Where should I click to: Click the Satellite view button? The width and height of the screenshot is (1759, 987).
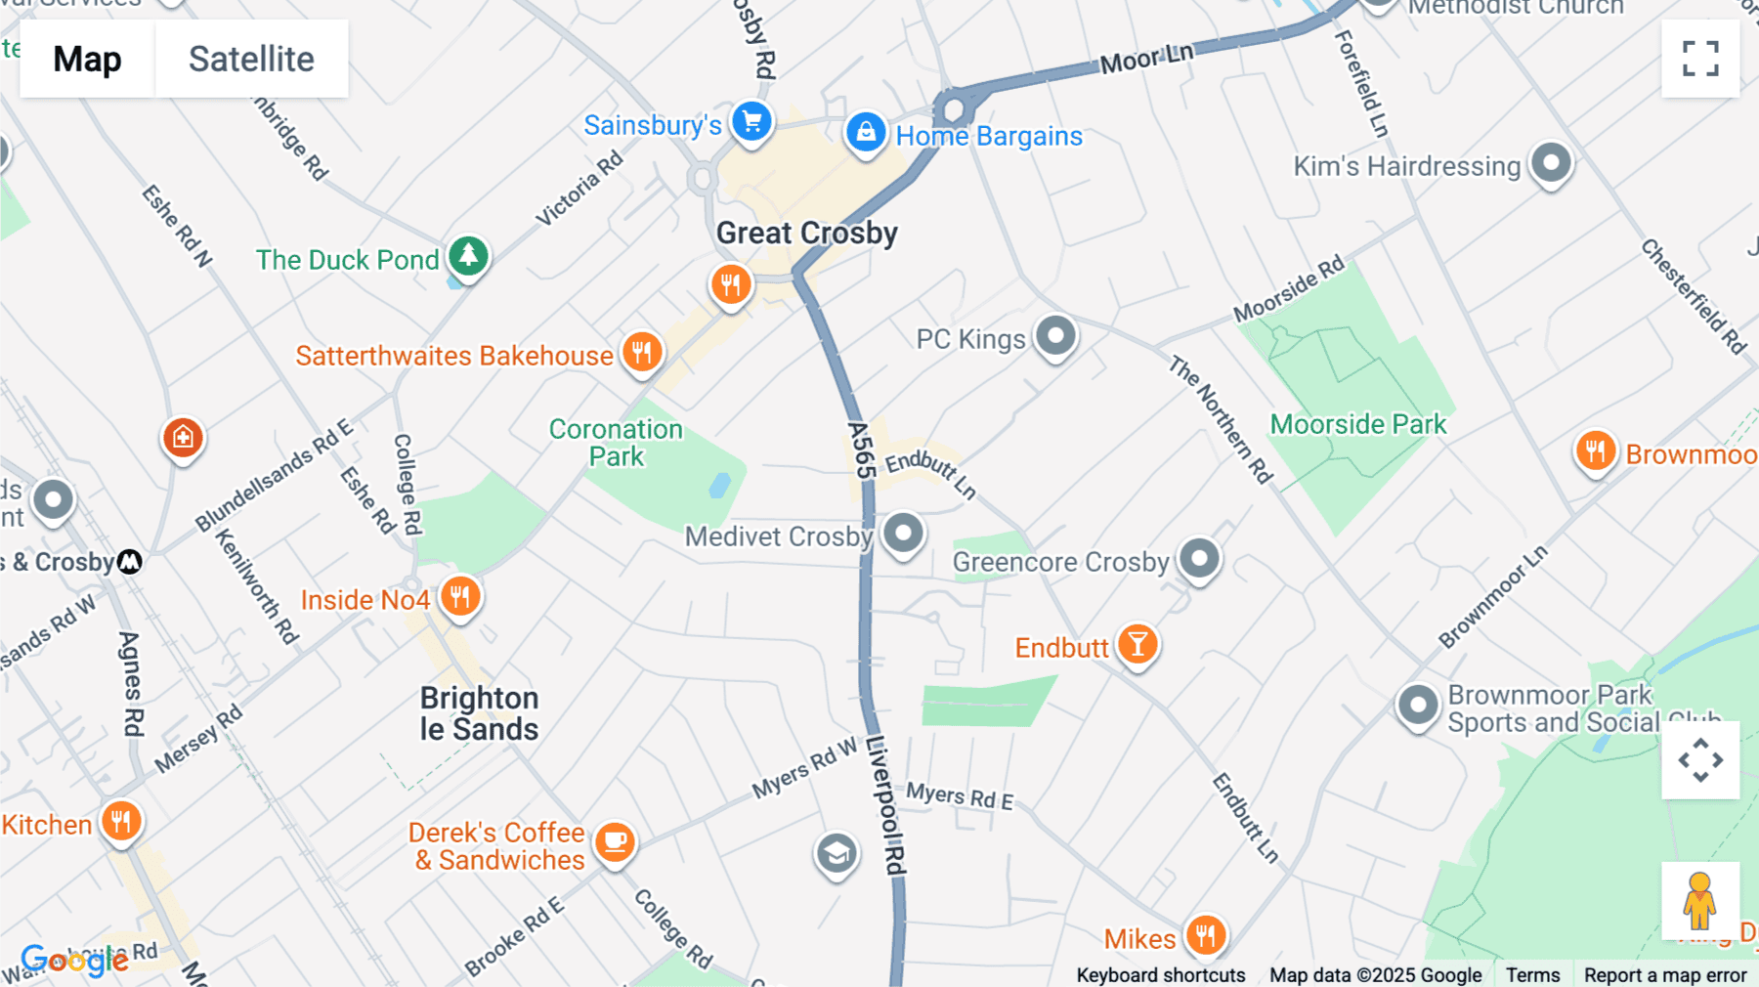tap(251, 59)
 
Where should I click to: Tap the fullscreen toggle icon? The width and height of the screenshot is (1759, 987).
tap(1700, 59)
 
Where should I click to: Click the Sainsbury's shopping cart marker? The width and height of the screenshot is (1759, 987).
tap(751, 123)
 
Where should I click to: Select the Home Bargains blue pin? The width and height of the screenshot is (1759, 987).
tap(866, 132)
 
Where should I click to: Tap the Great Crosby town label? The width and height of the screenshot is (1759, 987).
tap(806, 234)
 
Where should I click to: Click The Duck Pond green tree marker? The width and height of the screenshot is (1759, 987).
tap(468, 256)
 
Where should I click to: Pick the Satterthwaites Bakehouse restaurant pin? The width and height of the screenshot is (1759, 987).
tap(642, 352)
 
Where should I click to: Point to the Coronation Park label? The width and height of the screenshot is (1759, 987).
tap(616, 443)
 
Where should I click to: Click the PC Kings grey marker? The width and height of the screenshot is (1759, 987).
tap(1055, 336)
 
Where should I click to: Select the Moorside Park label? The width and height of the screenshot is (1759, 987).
tap(1357, 424)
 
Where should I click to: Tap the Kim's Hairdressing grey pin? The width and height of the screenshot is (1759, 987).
tap(1551, 162)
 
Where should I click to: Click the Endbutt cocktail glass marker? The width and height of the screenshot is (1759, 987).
tap(1137, 644)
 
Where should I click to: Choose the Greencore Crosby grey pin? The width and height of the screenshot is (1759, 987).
tap(1199, 559)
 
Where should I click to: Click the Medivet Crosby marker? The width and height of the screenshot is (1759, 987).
tap(903, 534)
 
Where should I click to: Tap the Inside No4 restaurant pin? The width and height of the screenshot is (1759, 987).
tap(459, 596)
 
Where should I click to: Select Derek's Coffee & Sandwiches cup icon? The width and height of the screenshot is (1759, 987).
tap(615, 841)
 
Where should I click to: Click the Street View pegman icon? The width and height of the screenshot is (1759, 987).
tap(1699, 900)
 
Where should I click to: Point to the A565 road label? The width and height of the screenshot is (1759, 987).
tap(860, 451)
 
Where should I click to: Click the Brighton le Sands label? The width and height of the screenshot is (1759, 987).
tap(479, 713)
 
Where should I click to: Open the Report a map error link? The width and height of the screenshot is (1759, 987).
tap(1664, 975)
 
